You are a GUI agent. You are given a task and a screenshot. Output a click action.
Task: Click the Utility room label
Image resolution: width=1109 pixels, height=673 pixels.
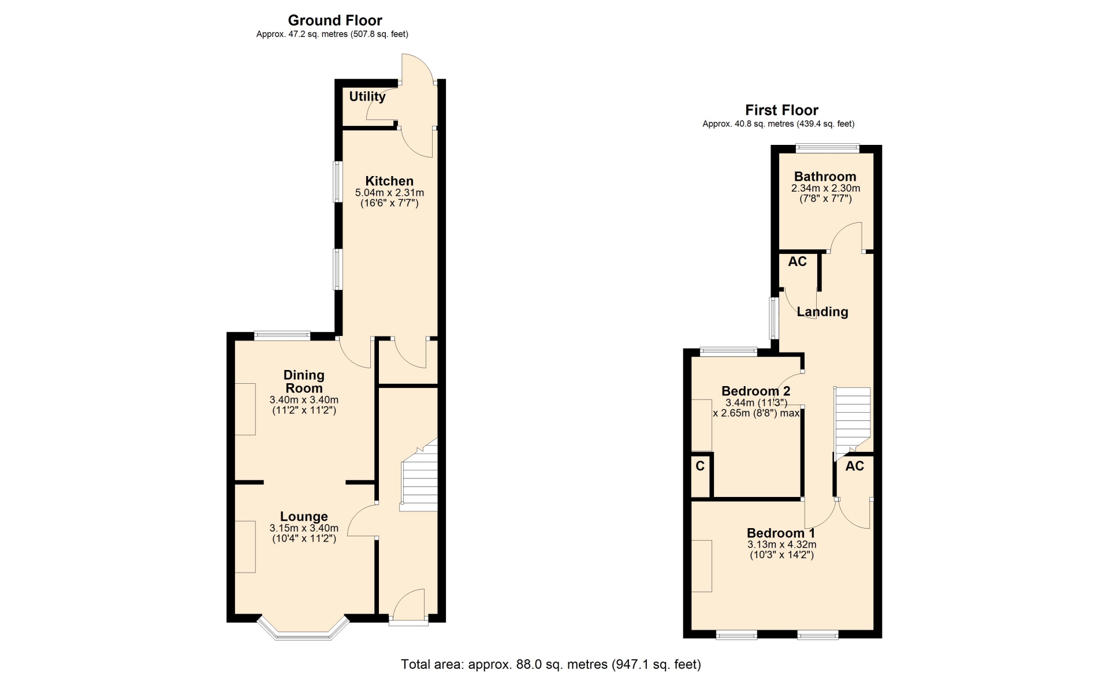coord(367,96)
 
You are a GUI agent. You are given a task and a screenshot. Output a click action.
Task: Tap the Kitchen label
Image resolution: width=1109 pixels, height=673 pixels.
coord(389,181)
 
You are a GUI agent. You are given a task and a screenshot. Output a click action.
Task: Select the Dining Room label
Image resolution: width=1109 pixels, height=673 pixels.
coord(304,382)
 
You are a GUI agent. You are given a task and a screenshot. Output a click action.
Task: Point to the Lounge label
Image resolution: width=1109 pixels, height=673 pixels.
coord(304,517)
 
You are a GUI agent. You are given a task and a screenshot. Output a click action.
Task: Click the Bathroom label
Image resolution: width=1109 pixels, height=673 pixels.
coord(825,177)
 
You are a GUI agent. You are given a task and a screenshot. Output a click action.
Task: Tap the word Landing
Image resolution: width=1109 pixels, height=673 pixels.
coord(823,312)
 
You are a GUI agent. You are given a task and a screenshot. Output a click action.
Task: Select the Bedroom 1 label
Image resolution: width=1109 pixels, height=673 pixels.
coord(781,533)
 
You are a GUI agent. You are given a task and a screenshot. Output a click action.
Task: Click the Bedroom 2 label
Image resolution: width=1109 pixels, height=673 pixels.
coord(756,391)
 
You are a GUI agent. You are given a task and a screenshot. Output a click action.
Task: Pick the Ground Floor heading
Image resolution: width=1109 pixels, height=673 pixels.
coord(335,21)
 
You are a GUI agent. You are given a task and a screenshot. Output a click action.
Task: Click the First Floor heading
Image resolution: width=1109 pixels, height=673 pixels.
coord(781,110)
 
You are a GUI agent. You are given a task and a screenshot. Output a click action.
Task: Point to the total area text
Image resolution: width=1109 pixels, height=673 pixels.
coord(551,664)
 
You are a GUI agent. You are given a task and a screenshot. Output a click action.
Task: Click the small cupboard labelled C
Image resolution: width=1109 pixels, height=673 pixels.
coord(701,476)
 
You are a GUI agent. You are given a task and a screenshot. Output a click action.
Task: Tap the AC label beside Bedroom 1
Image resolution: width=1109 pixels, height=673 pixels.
coord(855,466)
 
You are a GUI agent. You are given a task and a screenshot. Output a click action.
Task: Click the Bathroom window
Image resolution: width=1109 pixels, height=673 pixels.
coord(827,148)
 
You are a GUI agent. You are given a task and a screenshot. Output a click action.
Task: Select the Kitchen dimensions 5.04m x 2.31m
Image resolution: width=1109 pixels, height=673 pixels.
coord(389,193)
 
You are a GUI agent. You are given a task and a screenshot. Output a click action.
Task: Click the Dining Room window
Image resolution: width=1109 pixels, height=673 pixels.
coord(282,336)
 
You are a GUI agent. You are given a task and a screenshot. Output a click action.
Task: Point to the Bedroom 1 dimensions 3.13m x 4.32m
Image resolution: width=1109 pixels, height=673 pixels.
coord(781,544)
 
